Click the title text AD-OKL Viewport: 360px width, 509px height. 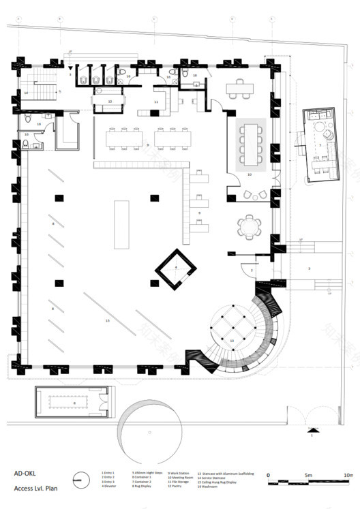click(x=27, y=474)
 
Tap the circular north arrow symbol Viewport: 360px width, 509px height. click(x=81, y=480)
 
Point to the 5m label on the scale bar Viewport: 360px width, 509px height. click(x=307, y=474)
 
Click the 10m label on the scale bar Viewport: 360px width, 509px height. click(x=347, y=474)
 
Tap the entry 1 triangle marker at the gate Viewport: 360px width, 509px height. click(x=312, y=431)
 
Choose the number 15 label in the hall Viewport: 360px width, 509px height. click(x=107, y=320)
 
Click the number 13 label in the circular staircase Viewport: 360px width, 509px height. click(x=232, y=339)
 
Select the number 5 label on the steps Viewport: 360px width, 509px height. click(x=308, y=268)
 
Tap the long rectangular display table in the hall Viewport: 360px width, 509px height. click(x=123, y=224)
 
